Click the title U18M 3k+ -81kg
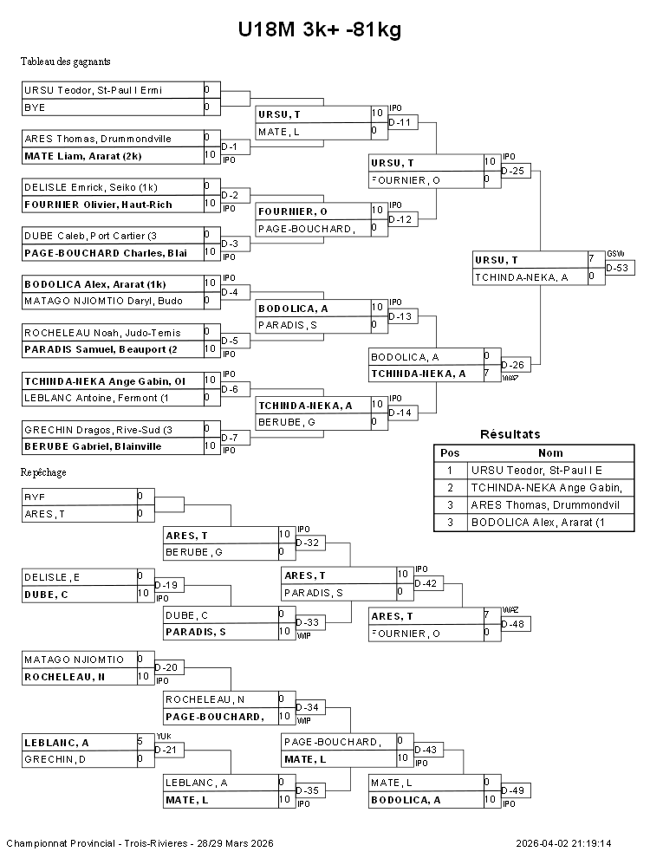[320, 30]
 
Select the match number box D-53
[620, 268]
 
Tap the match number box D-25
[516, 171]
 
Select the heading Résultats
[510, 434]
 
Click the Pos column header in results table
[450, 452]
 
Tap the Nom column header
[550, 452]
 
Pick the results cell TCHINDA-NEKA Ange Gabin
[551, 487]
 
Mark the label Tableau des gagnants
[65, 62]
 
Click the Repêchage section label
[43, 472]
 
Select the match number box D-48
[516, 624]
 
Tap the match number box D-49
[516, 790]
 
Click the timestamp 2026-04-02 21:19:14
[563, 843]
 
